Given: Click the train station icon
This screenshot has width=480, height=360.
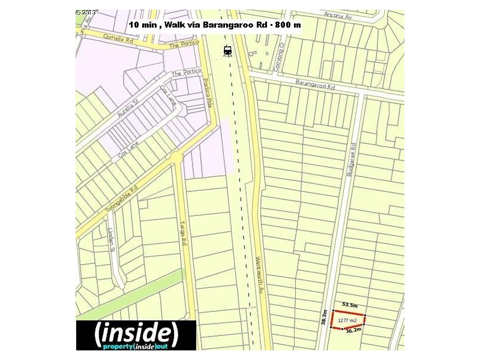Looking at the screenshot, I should pyautogui.click(x=227, y=50).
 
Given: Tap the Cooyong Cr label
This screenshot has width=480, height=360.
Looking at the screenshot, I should pyautogui.click(x=278, y=60).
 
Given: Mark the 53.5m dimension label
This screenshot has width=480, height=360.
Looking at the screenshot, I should pyautogui.click(x=350, y=305).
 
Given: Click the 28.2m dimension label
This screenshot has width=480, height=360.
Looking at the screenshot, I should pyautogui.click(x=325, y=318).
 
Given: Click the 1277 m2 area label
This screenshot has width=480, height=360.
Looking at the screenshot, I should pyautogui.click(x=348, y=320).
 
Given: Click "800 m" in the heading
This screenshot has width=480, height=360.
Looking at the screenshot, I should pyautogui.click(x=287, y=25).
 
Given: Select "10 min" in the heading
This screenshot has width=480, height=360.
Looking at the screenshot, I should pyautogui.click(x=145, y=25).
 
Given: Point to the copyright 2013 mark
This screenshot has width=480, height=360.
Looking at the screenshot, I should pyautogui.click(x=87, y=12).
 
